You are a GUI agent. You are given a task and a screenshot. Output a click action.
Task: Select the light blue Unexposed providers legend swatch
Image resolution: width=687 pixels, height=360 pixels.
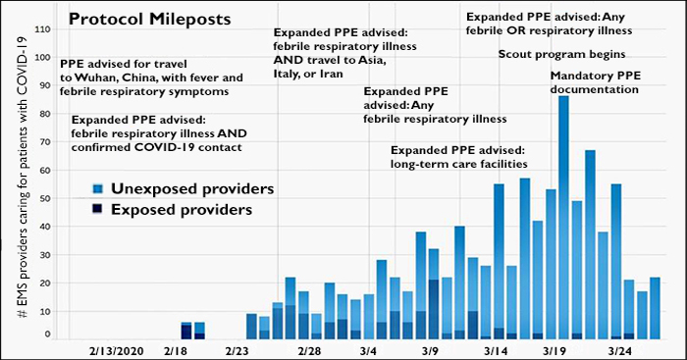[96, 188]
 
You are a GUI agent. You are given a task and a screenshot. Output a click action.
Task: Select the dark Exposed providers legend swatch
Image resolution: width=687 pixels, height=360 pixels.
[96, 209]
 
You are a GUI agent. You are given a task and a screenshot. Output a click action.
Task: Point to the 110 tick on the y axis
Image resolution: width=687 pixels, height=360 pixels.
[41, 28]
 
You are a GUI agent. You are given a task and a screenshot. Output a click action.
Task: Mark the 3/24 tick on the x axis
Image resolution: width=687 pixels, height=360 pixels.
[620, 349]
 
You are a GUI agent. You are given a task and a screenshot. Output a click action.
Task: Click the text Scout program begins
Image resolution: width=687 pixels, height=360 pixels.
[562, 55]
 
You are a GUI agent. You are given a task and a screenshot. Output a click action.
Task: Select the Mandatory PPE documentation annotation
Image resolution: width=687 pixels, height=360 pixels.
[594, 82]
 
